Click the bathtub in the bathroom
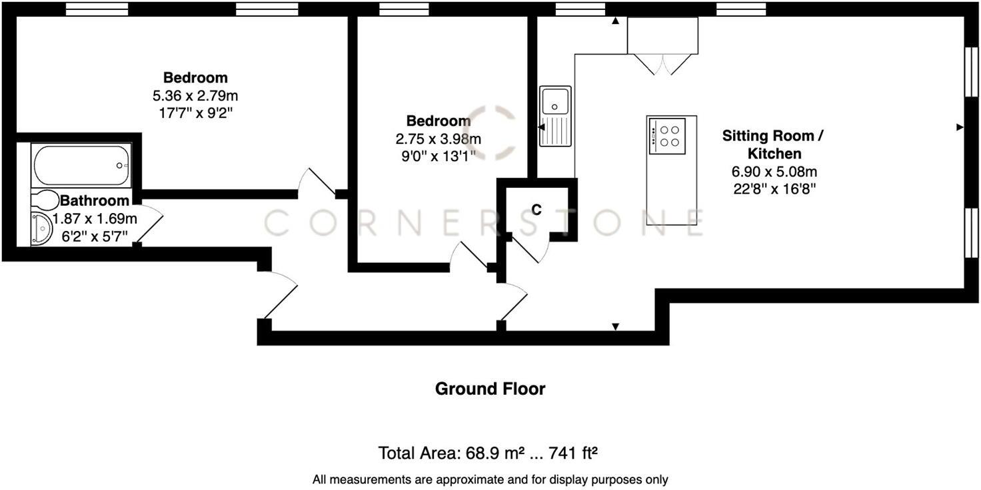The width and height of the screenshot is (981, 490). pyautogui.click(x=81, y=166)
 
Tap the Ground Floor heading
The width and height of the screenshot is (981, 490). pyautogui.click(x=490, y=389)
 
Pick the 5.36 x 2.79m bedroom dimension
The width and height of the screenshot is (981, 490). pyautogui.click(x=195, y=96)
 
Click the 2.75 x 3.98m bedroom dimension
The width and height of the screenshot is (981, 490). pyautogui.click(x=438, y=139)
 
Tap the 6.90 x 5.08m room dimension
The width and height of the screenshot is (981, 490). pyautogui.click(x=773, y=172)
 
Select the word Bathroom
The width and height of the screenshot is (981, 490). pyautogui.click(x=95, y=201)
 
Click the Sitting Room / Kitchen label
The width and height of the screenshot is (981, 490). pyautogui.click(x=773, y=144)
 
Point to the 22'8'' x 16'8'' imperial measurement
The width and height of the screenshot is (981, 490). pyautogui.click(x=773, y=188)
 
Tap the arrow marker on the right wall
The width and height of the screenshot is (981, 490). pyautogui.click(x=960, y=126)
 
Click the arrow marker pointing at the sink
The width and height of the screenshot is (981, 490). pyautogui.click(x=541, y=126)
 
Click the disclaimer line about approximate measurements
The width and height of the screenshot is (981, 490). pyautogui.click(x=490, y=479)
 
